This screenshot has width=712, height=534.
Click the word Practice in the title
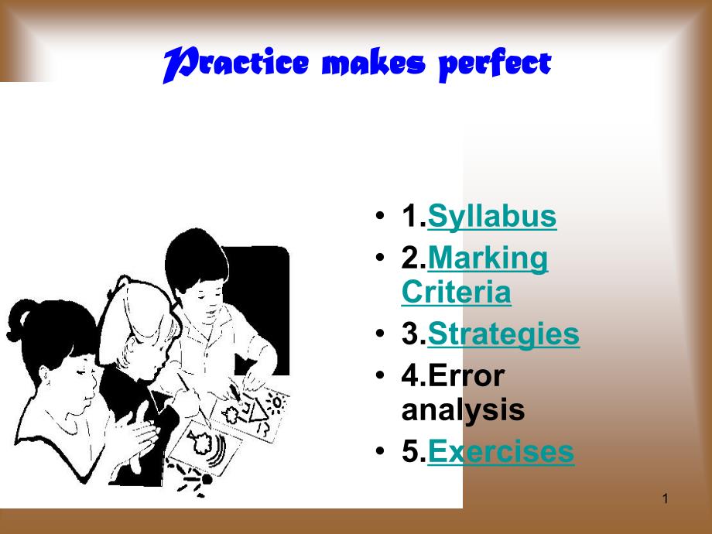(x=236, y=64)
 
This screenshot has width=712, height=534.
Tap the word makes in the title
(x=373, y=63)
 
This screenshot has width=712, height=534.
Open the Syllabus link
(x=491, y=216)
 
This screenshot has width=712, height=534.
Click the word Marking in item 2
(x=488, y=258)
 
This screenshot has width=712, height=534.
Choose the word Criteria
(x=457, y=292)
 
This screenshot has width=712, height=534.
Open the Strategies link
(x=503, y=334)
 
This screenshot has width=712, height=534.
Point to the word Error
(x=466, y=376)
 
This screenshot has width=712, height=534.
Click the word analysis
(x=463, y=410)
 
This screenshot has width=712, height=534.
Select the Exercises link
(x=501, y=452)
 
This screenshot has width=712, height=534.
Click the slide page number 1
(x=666, y=498)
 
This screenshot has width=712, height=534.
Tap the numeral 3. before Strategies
(x=414, y=334)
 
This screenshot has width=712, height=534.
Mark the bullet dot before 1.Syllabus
(x=380, y=215)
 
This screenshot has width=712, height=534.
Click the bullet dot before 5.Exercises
(x=380, y=451)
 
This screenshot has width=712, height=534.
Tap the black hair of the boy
(x=196, y=258)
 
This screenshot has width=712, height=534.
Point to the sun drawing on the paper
(x=276, y=402)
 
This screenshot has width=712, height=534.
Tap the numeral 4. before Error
(x=414, y=376)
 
